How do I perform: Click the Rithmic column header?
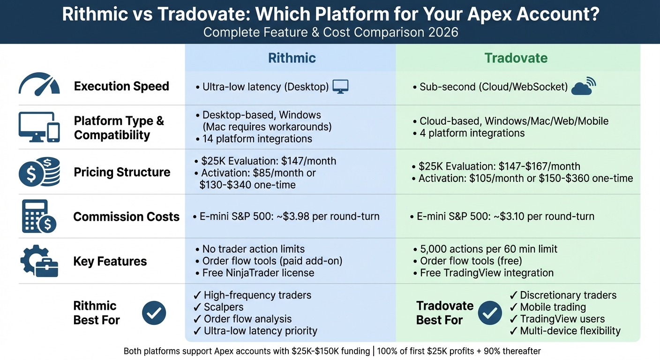(x=292, y=58)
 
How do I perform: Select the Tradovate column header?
(x=516, y=58)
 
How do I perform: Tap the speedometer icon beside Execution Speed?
(x=39, y=84)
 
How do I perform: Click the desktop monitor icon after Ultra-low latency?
(x=340, y=87)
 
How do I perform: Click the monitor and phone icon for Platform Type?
(x=39, y=127)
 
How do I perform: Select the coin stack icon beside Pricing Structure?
(x=39, y=172)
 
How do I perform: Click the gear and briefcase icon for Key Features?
(x=39, y=261)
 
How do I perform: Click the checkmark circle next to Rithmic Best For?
(x=154, y=313)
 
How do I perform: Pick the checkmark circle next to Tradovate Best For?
(x=490, y=313)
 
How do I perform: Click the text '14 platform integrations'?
(x=257, y=139)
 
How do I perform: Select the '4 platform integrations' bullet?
(x=472, y=133)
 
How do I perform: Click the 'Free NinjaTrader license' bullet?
(x=258, y=273)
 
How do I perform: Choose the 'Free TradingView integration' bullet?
(x=487, y=273)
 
